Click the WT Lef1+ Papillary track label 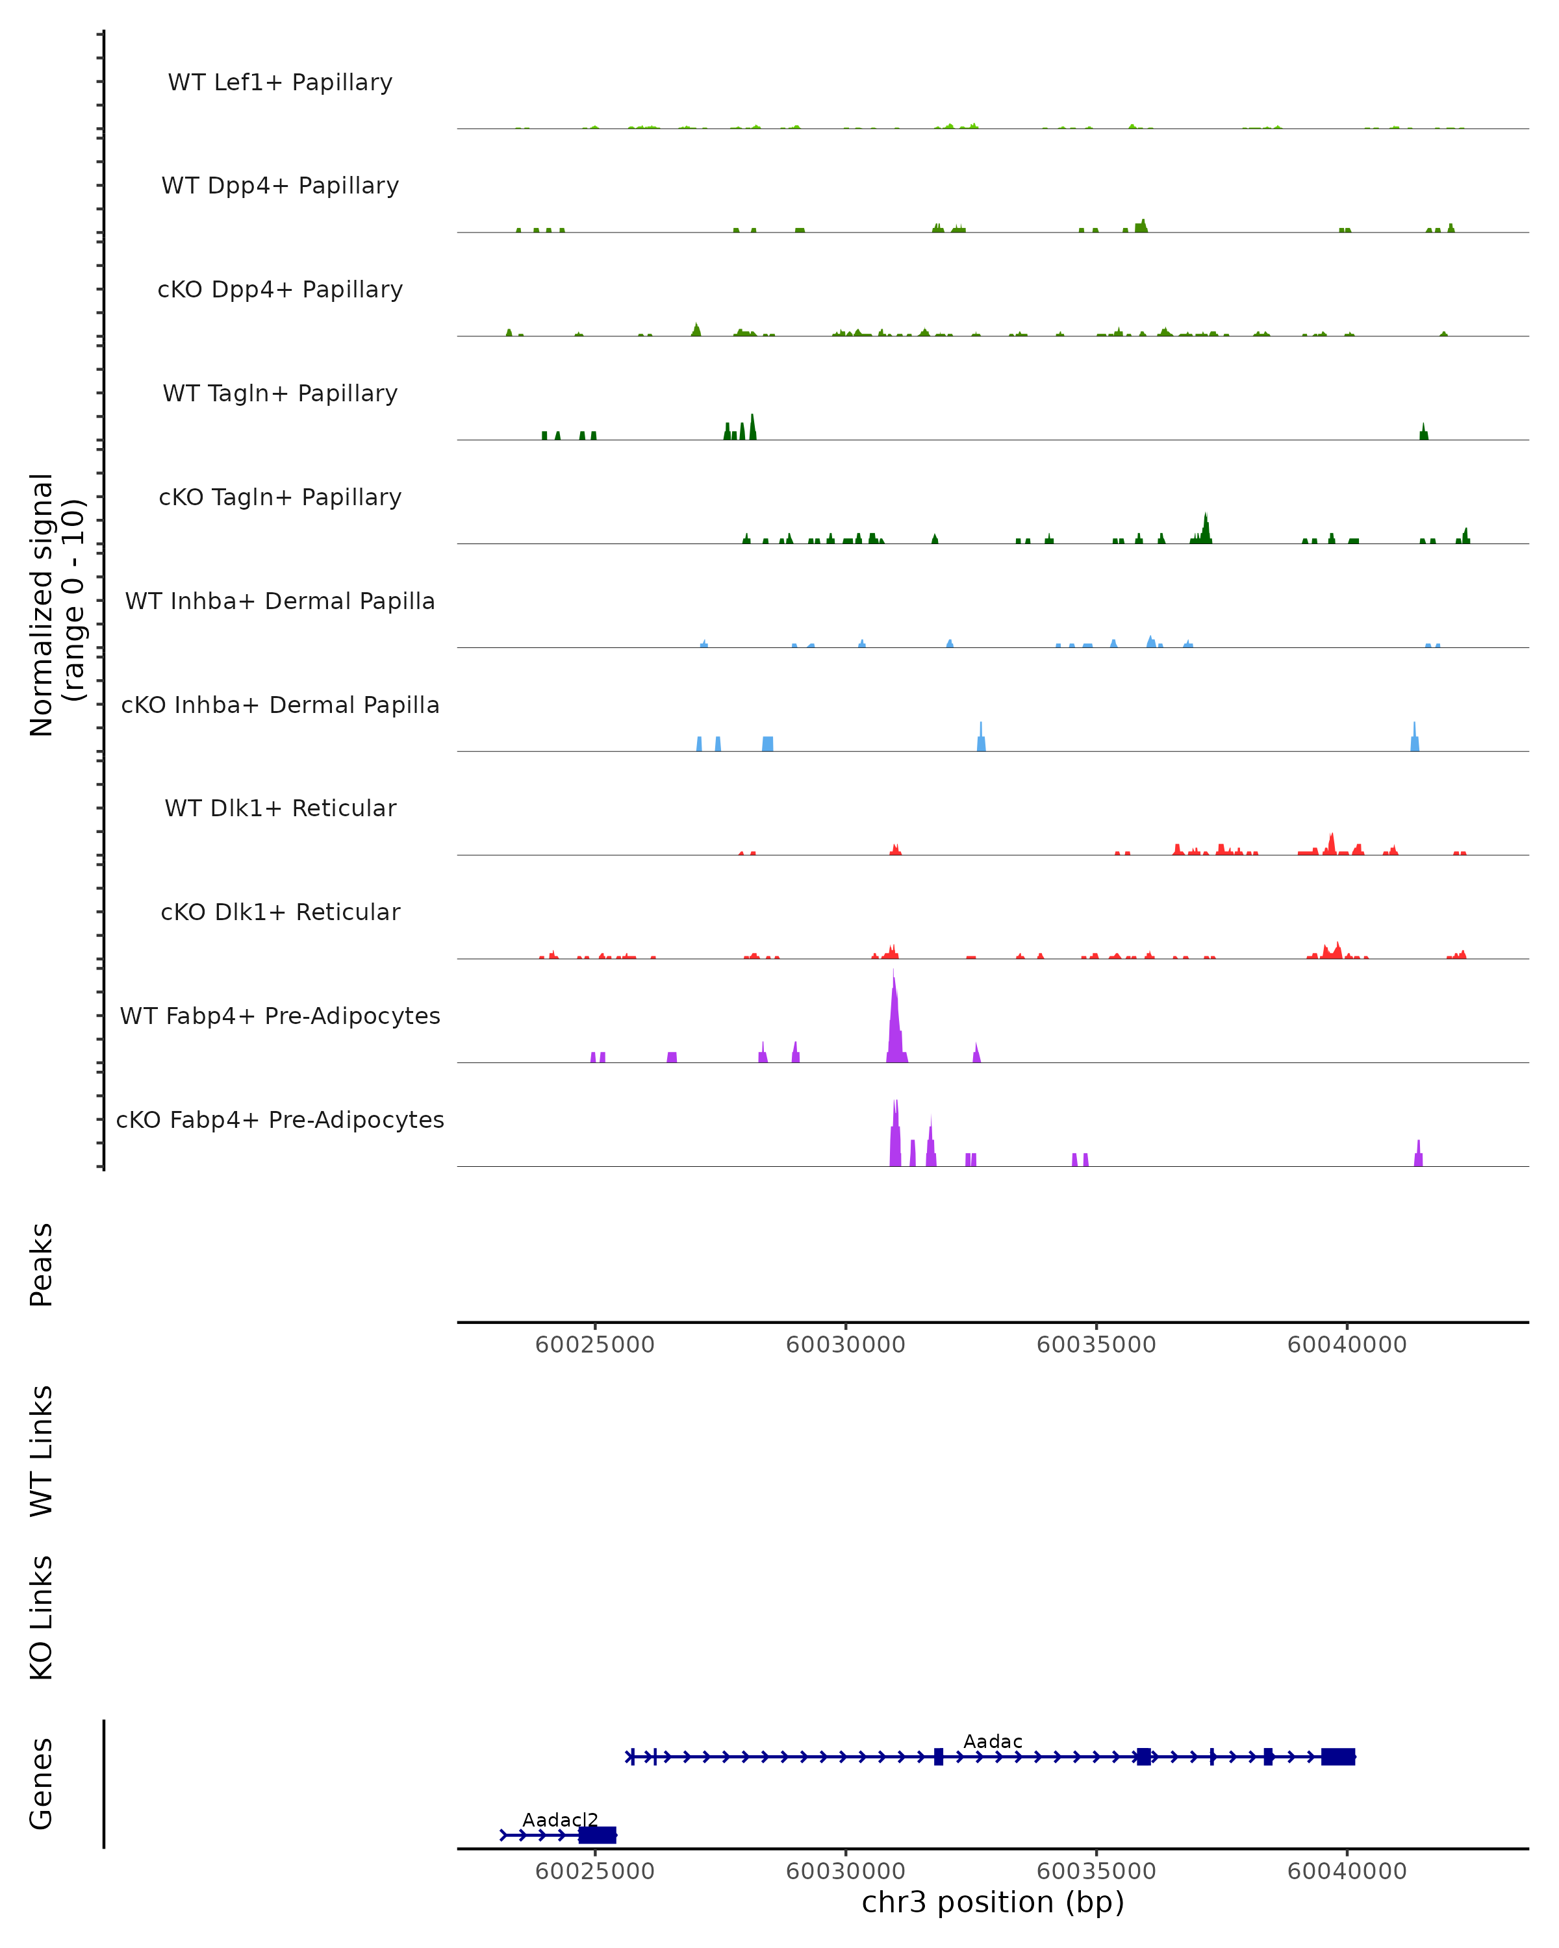pyautogui.click(x=280, y=82)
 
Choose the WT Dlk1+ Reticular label pyautogui.click(x=280, y=808)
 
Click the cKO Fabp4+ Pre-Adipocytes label pyautogui.click(x=280, y=1119)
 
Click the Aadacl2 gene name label pyautogui.click(x=561, y=1819)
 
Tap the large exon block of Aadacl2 pyautogui.click(x=598, y=1835)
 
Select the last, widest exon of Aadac pyautogui.click(x=1337, y=1756)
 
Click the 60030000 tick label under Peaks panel pyautogui.click(x=845, y=1345)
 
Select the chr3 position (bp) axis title pyautogui.click(x=993, y=1903)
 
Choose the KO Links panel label pyautogui.click(x=42, y=1617)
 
